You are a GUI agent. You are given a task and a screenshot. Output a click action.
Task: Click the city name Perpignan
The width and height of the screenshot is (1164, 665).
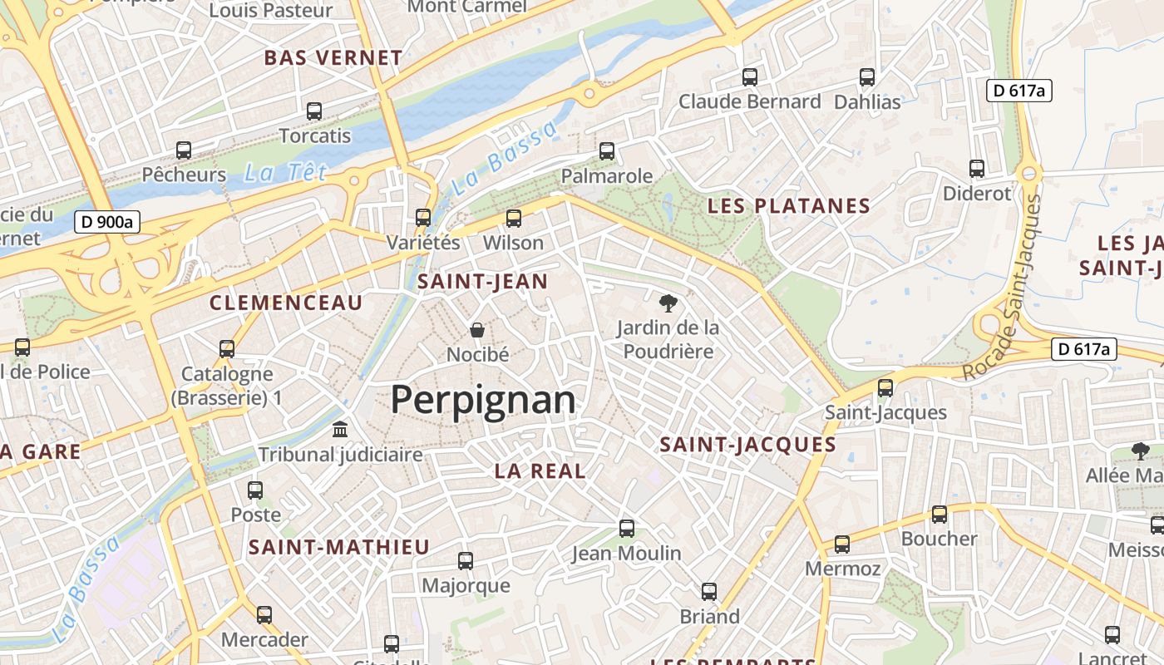[482, 400]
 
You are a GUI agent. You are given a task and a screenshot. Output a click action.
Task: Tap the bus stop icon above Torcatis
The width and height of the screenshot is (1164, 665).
[314, 111]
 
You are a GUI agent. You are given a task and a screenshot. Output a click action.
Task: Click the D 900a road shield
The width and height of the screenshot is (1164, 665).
[107, 222]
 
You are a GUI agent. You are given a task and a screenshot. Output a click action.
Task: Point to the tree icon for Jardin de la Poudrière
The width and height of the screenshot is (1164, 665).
[667, 303]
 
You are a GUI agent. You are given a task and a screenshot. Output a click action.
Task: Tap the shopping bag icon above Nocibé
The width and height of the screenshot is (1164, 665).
[477, 331]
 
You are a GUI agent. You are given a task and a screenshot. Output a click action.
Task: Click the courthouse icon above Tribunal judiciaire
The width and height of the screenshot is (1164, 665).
[340, 430]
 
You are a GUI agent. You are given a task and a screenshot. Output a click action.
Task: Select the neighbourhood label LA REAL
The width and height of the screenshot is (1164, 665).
[540, 470]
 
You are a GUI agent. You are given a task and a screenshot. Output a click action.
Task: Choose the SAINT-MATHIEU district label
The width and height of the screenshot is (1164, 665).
[338, 547]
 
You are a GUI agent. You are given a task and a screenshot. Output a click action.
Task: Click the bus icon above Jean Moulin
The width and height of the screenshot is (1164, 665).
[626, 529]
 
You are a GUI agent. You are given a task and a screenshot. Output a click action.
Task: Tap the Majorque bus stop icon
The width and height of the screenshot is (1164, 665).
[466, 561]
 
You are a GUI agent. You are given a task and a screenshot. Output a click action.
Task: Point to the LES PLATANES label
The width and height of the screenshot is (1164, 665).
[788, 206]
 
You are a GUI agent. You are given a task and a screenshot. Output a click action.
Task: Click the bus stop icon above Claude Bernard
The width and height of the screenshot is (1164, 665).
[750, 77]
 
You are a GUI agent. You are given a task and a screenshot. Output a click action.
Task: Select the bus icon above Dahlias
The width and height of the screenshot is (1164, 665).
[867, 77]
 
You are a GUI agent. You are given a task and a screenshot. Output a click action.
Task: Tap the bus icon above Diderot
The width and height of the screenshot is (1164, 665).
[977, 169]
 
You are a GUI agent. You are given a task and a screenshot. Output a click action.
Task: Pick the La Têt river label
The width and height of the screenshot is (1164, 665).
[285, 173]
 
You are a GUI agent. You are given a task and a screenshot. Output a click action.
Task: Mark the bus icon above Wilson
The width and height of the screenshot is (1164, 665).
[514, 219]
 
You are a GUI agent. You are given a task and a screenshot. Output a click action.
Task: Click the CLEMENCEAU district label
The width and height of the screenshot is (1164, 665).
[286, 303]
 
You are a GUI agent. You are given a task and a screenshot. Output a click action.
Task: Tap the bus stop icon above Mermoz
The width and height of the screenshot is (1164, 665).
[842, 544]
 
